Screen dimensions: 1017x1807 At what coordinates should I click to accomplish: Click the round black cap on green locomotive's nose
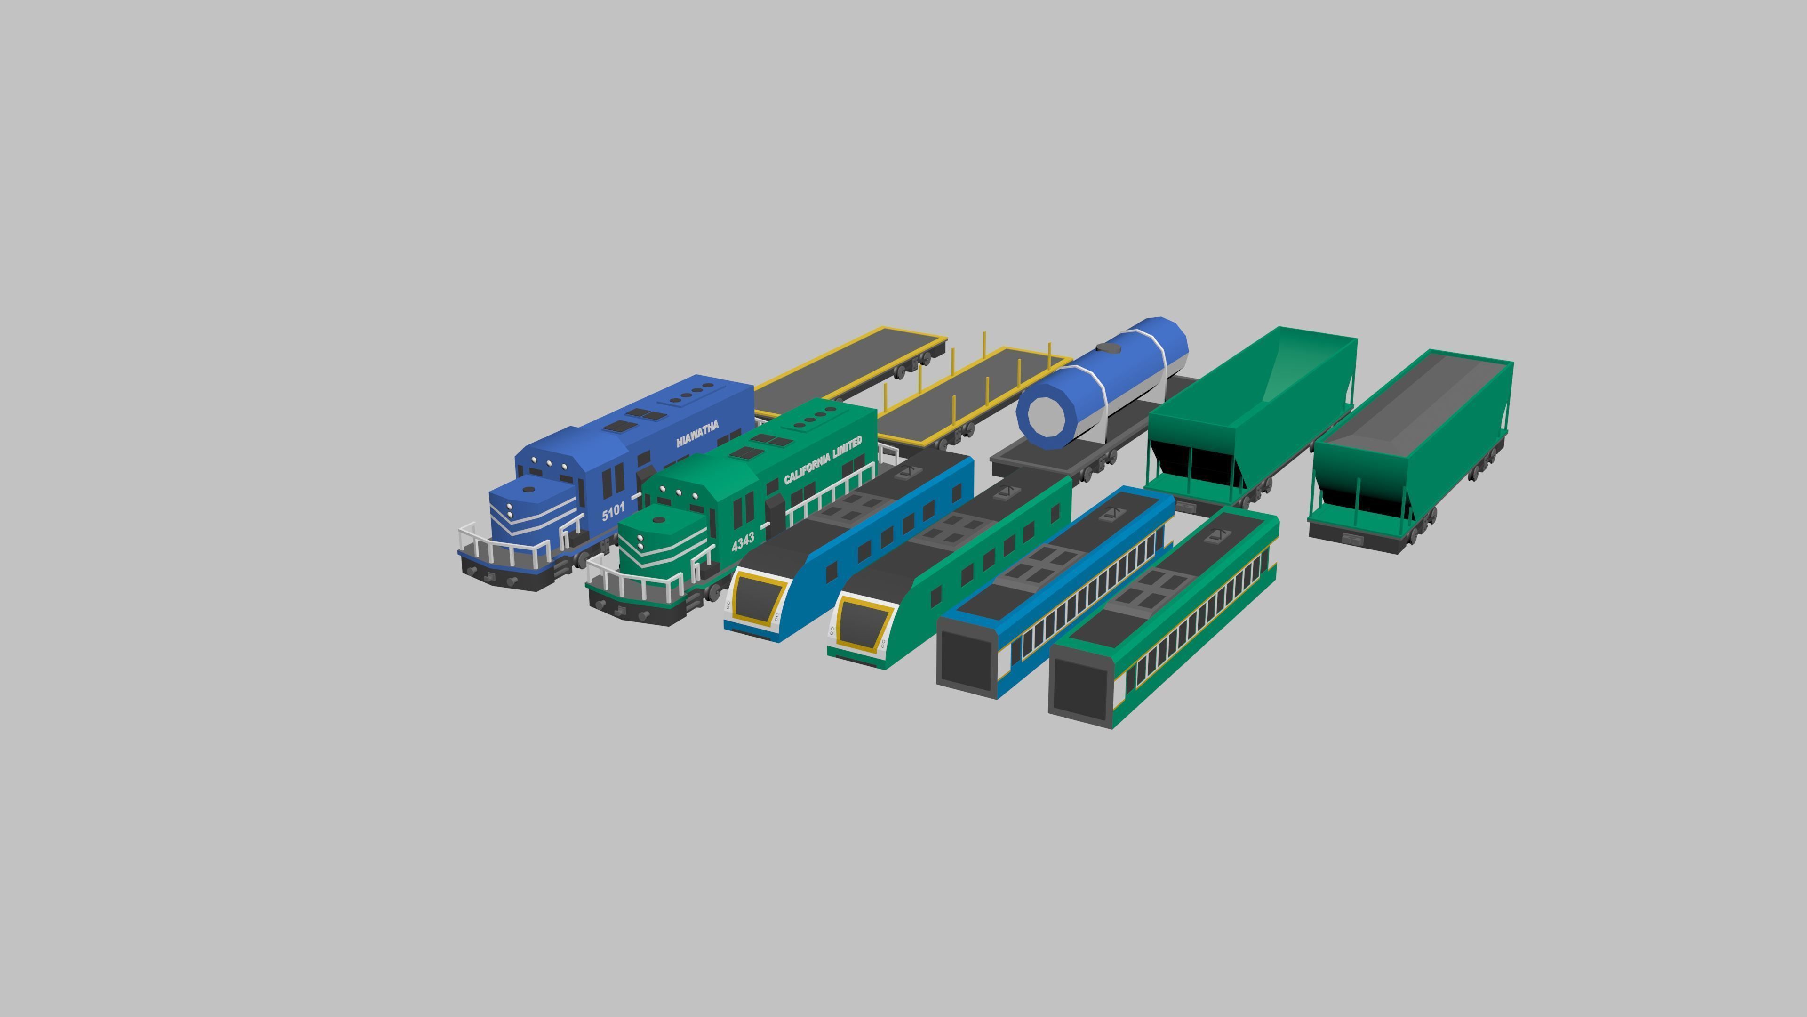659,520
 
